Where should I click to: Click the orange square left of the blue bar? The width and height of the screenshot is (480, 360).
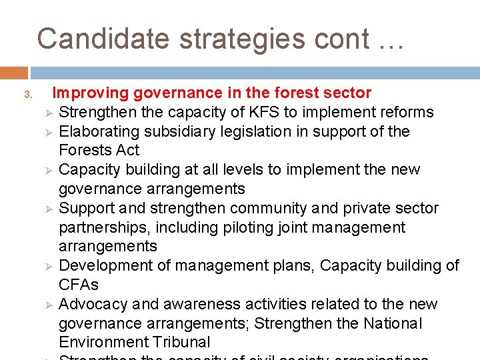(14, 73)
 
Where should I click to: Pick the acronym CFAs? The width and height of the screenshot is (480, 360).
(79, 285)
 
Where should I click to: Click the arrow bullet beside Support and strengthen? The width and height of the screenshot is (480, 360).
(48, 209)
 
